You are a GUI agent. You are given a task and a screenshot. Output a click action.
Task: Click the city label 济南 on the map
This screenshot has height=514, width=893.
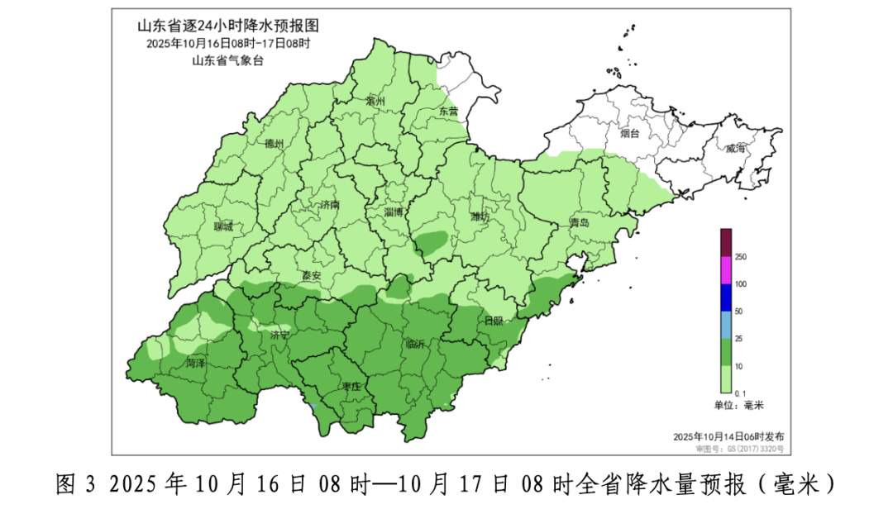pos(330,204)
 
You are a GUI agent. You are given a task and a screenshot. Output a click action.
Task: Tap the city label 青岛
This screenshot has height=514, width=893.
pos(580,223)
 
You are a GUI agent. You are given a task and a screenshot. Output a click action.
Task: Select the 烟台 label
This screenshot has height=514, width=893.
pos(630,132)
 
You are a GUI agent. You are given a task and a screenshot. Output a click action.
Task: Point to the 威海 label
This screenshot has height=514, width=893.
pos(735,148)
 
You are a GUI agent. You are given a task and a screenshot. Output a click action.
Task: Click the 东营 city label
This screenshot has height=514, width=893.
pos(448,111)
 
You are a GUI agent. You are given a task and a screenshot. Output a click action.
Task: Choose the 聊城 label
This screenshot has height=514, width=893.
pos(223,226)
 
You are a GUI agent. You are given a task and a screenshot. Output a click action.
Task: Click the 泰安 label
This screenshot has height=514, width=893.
pos(312,276)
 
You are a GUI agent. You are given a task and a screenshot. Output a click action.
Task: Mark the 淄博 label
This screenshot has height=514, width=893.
pos(394,212)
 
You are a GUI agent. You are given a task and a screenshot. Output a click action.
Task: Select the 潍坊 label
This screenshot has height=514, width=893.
pos(480,217)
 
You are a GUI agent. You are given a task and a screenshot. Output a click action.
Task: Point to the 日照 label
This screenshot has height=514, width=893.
pos(493,321)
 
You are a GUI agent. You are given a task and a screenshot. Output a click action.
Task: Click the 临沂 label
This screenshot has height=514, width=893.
pos(415,344)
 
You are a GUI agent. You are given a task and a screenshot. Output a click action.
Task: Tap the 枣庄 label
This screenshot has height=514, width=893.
pos(351,386)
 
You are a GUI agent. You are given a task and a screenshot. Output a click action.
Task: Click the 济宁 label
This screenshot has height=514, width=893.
pos(279,336)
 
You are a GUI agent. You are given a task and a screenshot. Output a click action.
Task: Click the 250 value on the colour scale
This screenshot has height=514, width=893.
pos(741,257)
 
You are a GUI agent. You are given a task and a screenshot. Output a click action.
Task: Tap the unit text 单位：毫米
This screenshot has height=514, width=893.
pos(739,405)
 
